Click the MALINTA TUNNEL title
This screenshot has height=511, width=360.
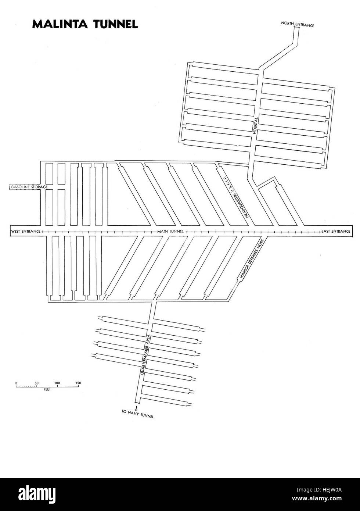85,24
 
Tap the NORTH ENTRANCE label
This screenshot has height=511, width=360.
297,24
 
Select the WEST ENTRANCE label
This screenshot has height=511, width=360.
26,231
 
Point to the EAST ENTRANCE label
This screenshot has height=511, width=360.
336,231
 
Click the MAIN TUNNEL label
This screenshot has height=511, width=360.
170,232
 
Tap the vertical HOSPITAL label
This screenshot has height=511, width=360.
256,125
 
